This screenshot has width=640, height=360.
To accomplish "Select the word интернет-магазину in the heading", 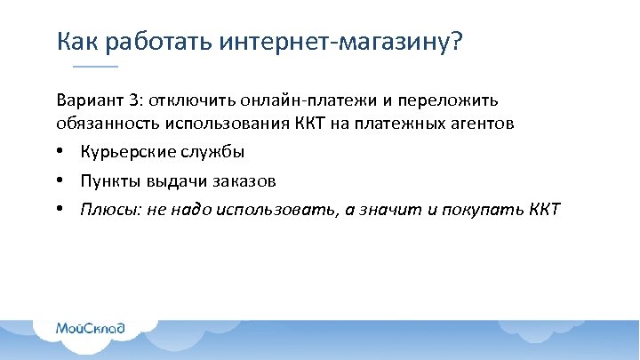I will tap(333, 41).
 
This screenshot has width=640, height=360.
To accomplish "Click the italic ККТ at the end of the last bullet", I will tap(544, 210).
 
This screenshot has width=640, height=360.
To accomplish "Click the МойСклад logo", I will tap(91, 328).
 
